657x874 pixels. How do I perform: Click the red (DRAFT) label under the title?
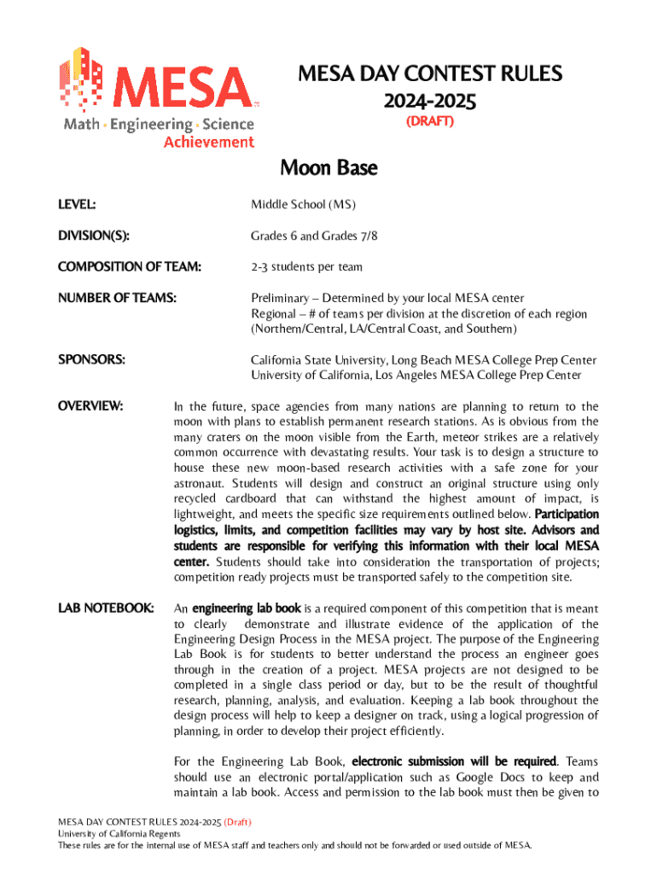[x=430, y=121]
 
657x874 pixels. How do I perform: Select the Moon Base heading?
[x=328, y=169]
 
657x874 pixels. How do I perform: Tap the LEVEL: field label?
[x=77, y=205]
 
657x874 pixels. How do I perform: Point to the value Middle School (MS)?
[x=303, y=205]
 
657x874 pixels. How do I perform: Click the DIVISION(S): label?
[x=93, y=236]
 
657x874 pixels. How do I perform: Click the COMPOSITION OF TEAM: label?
[x=130, y=266]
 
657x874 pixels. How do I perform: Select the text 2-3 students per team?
[x=306, y=266]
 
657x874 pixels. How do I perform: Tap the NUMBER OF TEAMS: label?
[x=117, y=298]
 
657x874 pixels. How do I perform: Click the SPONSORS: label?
[x=91, y=360]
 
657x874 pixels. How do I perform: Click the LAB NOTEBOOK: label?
[x=106, y=609]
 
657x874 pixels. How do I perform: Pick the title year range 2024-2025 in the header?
[x=430, y=101]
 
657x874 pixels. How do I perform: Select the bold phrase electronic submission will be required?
[x=454, y=760]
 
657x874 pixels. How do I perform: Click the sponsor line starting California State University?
[x=423, y=360]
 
